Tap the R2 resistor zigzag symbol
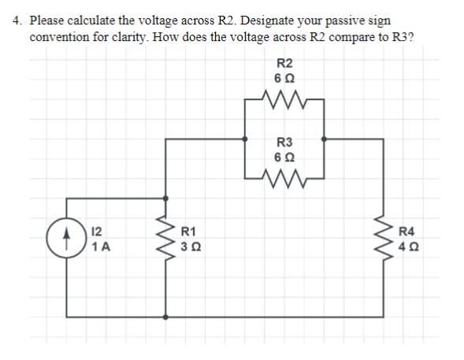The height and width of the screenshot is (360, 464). pos(285,100)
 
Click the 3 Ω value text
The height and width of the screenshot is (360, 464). pos(191,247)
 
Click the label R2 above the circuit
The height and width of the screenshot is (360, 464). pos(285,63)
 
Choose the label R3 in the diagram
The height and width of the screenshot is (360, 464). pos(285,143)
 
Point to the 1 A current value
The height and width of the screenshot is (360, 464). pos(101,247)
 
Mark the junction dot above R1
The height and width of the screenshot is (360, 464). pos(165,199)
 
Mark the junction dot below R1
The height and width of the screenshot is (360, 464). pos(165,317)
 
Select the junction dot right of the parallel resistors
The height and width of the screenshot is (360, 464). pos(325,139)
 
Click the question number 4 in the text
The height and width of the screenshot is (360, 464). pos(17,20)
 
